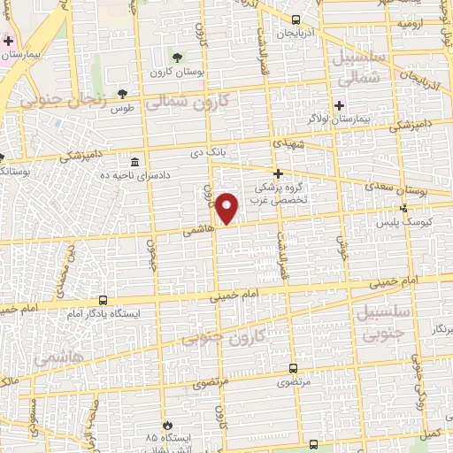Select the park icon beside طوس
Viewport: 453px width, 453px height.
122,94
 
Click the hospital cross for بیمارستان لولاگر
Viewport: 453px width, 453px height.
339,104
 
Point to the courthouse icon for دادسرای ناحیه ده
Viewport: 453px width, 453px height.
134,163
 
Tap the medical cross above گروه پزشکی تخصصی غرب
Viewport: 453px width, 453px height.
279,173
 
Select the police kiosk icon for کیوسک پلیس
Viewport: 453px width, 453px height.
404,209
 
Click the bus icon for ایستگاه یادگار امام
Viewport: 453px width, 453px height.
103,301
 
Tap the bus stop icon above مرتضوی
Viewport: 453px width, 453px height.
294,369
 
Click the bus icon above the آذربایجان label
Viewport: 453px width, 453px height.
296,19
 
